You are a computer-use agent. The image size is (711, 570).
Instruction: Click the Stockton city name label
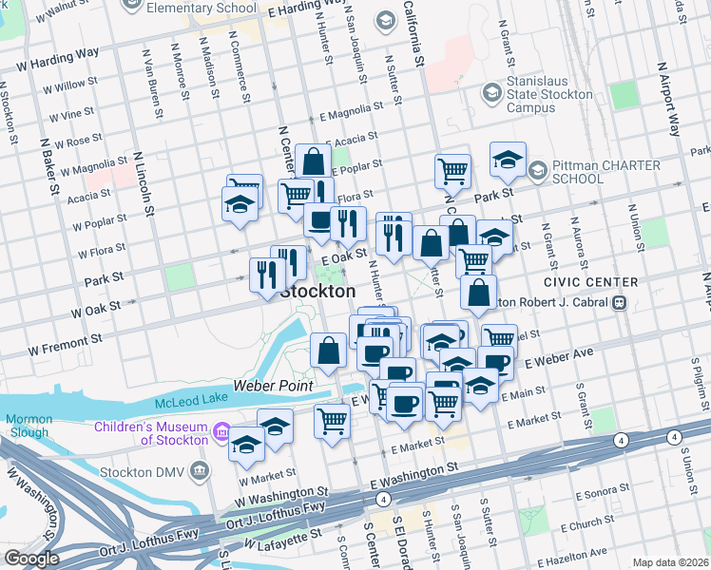point(317,291)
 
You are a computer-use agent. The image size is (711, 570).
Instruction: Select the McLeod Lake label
point(189,399)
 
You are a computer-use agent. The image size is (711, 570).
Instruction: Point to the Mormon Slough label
point(29,426)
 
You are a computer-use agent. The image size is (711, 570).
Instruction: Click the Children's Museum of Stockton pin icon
point(222,433)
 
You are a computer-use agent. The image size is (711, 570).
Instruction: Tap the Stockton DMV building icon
point(199,468)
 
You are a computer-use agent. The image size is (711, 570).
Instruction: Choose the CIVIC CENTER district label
point(590,282)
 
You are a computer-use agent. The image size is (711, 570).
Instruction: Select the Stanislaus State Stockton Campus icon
point(491,93)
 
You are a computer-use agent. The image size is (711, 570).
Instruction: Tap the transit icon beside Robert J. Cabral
point(619,302)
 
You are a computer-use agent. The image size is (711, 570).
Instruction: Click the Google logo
point(32,559)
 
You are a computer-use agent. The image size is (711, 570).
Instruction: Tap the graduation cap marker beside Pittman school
point(509,160)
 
